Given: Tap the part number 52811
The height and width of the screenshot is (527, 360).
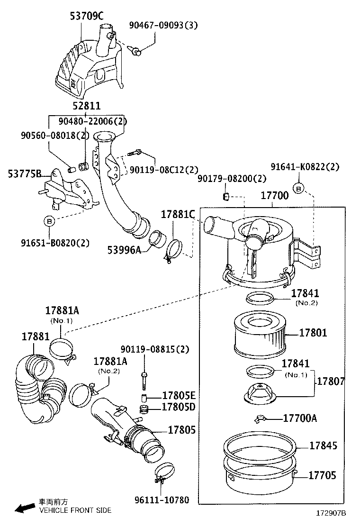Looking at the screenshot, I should [x=86, y=106].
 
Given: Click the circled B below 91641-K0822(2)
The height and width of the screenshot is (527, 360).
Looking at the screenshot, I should [x=299, y=188].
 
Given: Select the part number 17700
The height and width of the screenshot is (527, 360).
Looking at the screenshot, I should [x=275, y=195].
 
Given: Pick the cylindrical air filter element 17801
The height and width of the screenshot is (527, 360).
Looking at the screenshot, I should [x=259, y=336].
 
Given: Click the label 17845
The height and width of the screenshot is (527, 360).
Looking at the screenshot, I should [x=324, y=445].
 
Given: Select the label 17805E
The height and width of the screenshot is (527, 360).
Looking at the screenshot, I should [x=179, y=396].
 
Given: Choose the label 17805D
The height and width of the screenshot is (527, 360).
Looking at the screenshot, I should [x=179, y=407].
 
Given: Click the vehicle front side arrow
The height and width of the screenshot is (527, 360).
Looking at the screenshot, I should [x=24, y=508].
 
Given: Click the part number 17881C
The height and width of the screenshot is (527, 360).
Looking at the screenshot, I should [x=178, y=214].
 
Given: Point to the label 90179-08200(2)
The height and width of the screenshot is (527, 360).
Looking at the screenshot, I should [x=232, y=178].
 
